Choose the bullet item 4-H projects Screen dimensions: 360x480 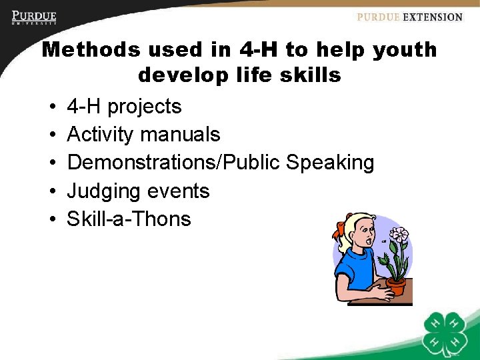pyautogui.click(x=124, y=107)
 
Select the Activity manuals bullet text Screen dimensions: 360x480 pyautogui.click(x=143, y=135)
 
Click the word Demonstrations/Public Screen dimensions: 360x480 pyautogui.click(x=174, y=163)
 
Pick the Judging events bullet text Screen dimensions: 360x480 pyautogui.click(x=138, y=191)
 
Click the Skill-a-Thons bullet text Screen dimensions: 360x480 pyautogui.click(x=129, y=219)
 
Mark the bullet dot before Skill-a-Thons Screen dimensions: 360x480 pyautogui.click(x=51, y=220)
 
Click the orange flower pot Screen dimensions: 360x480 pyautogui.click(x=396, y=287)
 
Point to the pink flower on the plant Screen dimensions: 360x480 pyautogui.click(x=399, y=233)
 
